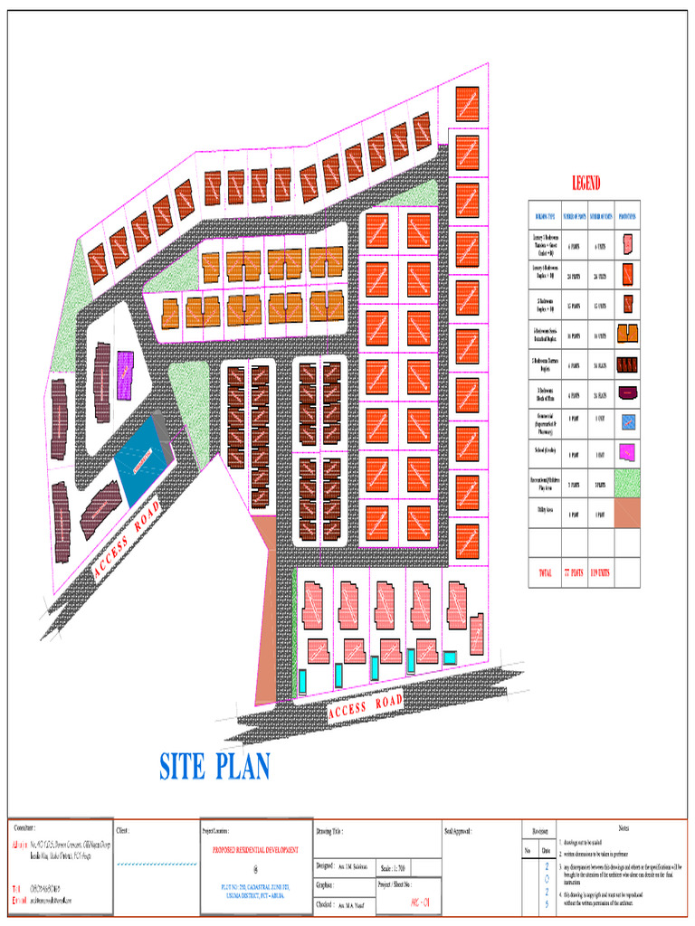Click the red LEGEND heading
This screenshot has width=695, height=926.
(x=585, y=184)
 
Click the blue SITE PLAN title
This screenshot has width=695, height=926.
(x=214, y=767)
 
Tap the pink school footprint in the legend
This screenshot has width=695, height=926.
(x=626, y=450)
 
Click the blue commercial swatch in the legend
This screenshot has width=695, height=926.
(x=626, y=420)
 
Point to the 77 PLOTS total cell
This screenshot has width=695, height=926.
(x=574, y=572)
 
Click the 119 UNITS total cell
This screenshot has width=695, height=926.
(x=601, y=572)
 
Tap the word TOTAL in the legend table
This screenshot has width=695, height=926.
(x=545, y=572)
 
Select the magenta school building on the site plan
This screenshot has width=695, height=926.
(x=125, y=374)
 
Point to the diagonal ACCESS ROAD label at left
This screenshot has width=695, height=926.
(x=127, y=540)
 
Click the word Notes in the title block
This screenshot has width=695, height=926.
(x=623, y=828)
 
